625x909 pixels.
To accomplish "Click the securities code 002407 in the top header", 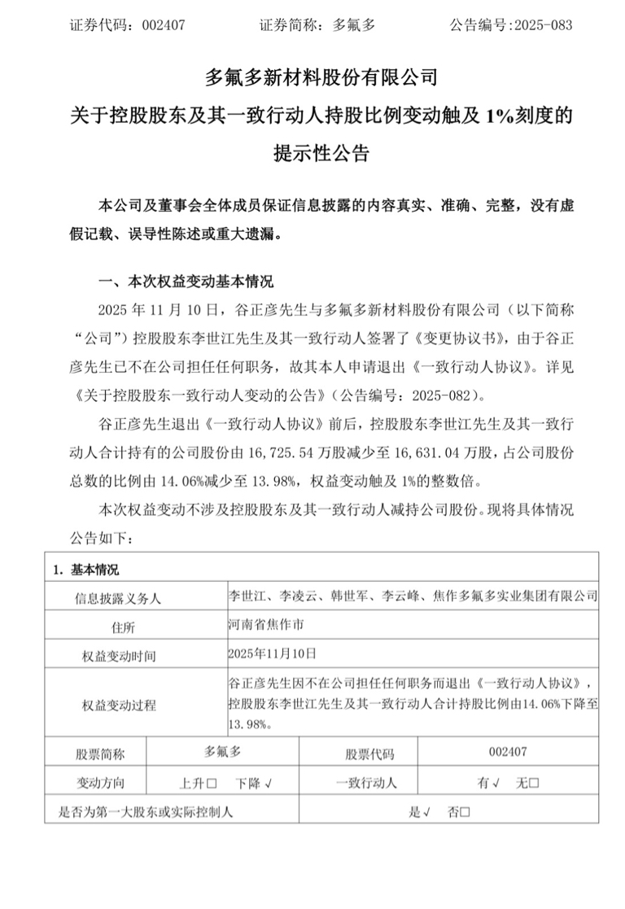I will click(164, 24).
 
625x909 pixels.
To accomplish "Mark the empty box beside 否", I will click(465, 811).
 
